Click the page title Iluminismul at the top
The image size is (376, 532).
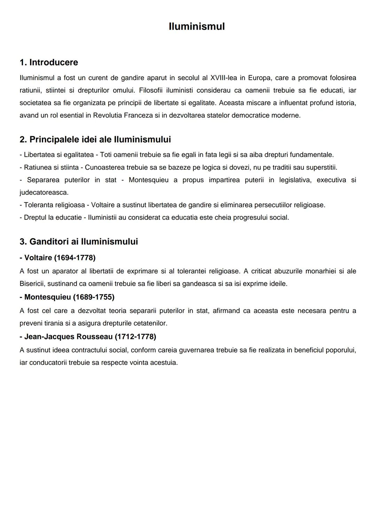(x=196, y=26)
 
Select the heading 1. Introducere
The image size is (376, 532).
(x=49, y=62)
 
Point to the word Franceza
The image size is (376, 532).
(x=138, y=115)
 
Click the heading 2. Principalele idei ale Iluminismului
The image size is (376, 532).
(x=95, y=139)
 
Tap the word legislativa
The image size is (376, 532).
(x=295, y=180)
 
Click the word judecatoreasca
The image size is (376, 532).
(x=44, y=192)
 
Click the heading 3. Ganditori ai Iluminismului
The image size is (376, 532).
(x=79, y=241)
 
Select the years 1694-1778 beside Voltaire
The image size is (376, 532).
(x=75, y=258)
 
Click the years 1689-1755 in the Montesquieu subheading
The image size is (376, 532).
(x=94, y=297)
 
